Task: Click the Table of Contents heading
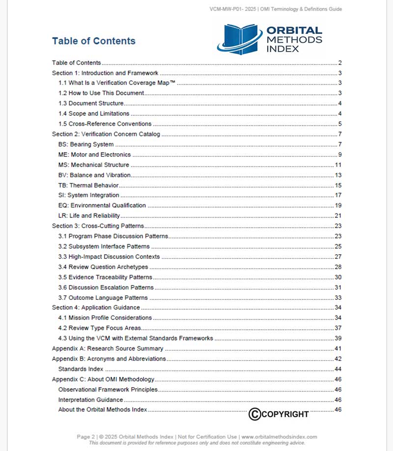tap(94, 41)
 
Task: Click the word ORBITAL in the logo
tap(294, 31)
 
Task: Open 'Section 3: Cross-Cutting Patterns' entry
tap(98, 226)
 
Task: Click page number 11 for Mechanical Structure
tap(338, 165)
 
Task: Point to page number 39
tap(338, 338)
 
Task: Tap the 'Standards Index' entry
tap(81, 369)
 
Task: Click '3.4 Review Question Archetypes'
tap(103, 267)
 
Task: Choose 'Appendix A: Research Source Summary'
tap(108, 348)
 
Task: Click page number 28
tap(338, 267)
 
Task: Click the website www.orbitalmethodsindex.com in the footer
tap(279, 436)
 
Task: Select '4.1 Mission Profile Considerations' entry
tap(105, 318)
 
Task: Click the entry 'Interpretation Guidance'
tap(90, 400)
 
